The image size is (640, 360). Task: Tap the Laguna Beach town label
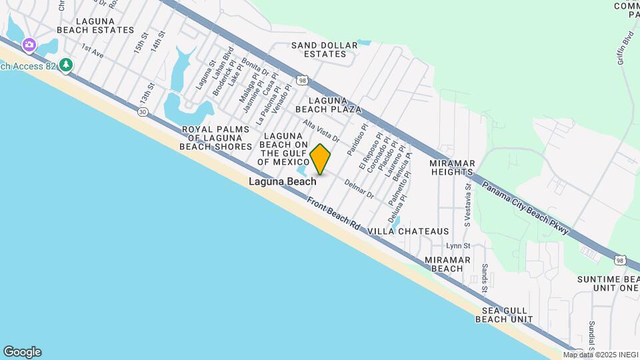point(283,181)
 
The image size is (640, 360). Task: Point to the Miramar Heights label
point(451,167)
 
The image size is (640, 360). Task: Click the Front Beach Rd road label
point(333,213)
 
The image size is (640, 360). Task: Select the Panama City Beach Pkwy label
point(525,208)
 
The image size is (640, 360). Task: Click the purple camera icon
point(29,45)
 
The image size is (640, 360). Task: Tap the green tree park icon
point(65,65)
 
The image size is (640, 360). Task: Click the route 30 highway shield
point(143,112)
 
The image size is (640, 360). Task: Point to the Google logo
point(22,352)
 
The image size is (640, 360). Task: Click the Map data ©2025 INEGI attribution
point(600,355)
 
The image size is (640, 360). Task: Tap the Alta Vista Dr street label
point(321,131)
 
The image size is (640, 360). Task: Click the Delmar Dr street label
point(359,190)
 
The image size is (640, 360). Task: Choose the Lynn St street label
point(454,246)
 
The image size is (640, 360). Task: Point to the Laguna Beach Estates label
point(95,25)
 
